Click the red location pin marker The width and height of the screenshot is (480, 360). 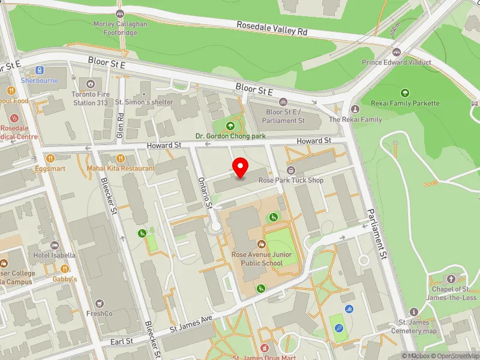point(241,167)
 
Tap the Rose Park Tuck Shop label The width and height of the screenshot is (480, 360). point(290,180)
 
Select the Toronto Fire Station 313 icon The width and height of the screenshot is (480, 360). point(91,84)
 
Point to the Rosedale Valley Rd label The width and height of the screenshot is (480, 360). point(272,28)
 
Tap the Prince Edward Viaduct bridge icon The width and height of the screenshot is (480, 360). point(397,52)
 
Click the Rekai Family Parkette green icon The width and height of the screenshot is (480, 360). point(405,92)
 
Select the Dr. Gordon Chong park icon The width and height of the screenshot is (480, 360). point(230,126)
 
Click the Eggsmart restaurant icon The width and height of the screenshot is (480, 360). point(50,158)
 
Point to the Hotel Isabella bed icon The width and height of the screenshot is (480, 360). point(55,245)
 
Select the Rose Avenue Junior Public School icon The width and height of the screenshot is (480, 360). point(262,244)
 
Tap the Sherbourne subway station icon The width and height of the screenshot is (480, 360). point(40,70)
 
